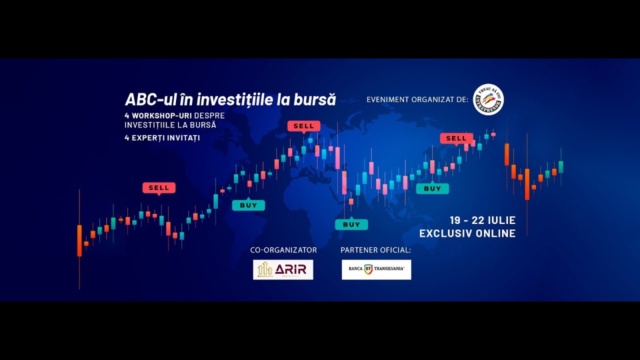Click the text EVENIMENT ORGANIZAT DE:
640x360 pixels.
(x=417, y=99)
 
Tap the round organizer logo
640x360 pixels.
(x=488, y=99)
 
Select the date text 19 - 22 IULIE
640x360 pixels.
(x=482, y=220)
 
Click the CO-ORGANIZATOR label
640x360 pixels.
(x=283, y=250)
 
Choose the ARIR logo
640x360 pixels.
(x=283, y=269)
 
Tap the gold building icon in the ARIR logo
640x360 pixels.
(x=265, y=269)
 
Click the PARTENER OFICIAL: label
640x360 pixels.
(x=375, y=250)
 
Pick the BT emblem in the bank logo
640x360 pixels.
(x=369, y=269)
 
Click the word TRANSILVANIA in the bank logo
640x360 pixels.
(x=390, y=269)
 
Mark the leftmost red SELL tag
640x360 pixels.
(x=159, y=188)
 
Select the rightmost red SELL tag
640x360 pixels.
(x=456, y=138)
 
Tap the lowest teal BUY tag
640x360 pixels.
(x=351, y=224)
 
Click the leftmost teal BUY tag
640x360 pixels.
(x=248, y=205)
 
